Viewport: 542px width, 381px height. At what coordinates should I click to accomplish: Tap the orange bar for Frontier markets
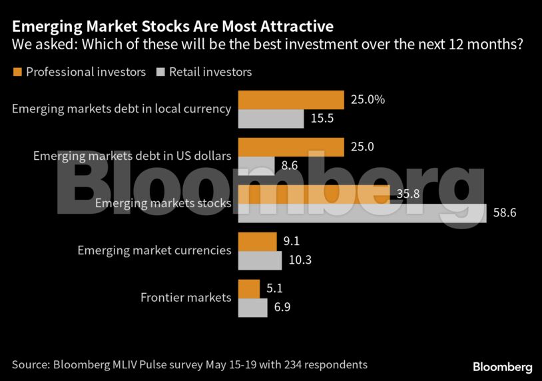tap(249, 289)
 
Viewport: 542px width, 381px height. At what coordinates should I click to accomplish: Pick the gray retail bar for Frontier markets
tap(252, 308)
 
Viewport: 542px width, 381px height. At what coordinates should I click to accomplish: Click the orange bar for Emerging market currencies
tap(257, 242)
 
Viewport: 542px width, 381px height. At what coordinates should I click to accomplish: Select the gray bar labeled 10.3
tap(260, 260)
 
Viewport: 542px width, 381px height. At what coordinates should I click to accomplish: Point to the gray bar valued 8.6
tap(256, 166)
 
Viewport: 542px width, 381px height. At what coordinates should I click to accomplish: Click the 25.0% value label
tap(368, 100)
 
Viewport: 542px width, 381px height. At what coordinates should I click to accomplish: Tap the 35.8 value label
tap(407, 194)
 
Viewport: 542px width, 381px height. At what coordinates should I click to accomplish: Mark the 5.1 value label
tap(274, 289)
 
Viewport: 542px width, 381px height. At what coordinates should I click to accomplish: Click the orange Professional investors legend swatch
tap(17, 71)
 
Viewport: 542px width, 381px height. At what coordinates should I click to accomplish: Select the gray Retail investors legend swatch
tap(160, 71)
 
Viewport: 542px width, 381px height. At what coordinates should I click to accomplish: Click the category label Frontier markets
tap(186, 298)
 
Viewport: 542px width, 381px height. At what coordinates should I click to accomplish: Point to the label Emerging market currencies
tap(154, 250)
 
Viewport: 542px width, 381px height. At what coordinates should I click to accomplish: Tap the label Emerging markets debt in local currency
tap(122, 109)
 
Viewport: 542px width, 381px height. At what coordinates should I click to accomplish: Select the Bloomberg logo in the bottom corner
tap(502, 367)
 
